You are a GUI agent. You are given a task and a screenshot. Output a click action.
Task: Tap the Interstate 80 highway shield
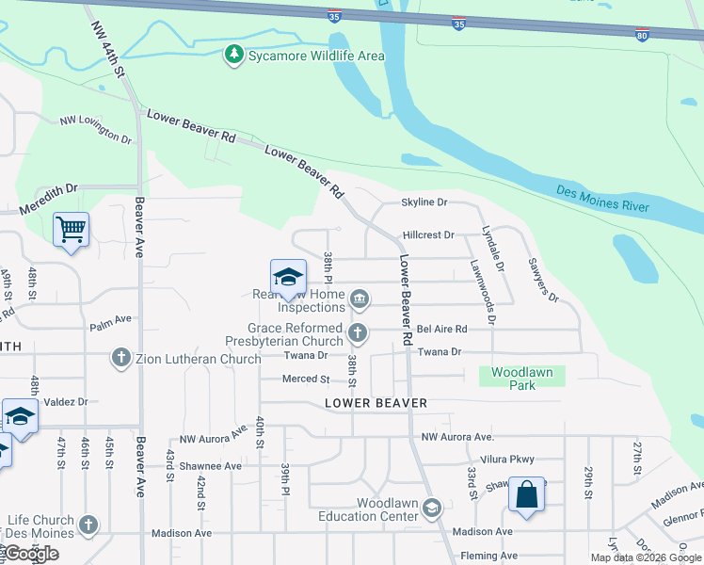tap(641, 36)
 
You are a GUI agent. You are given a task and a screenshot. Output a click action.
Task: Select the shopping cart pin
tap(72, 229)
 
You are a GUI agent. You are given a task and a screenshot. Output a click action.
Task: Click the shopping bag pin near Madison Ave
tap(527, 493)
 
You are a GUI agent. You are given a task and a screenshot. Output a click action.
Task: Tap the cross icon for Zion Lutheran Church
tap(120, 358)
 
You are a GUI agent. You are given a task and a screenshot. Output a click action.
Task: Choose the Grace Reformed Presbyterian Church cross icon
tap(358, 331)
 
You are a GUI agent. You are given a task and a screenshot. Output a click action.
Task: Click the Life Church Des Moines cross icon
tap(88, 525)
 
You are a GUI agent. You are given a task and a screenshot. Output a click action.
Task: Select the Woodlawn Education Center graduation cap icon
tap(431, 509)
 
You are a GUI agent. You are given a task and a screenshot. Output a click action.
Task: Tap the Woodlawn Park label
tap(522, 379)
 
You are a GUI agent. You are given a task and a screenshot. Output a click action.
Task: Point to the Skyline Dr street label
tap(424, 202)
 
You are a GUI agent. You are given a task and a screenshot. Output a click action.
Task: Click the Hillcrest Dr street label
tap(428, 234)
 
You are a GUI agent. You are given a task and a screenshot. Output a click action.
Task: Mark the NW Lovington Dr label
tap(96, 129)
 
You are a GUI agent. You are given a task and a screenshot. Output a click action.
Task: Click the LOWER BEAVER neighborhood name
tap(376, 403)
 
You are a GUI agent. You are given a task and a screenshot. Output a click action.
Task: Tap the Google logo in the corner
tap(32, 554)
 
